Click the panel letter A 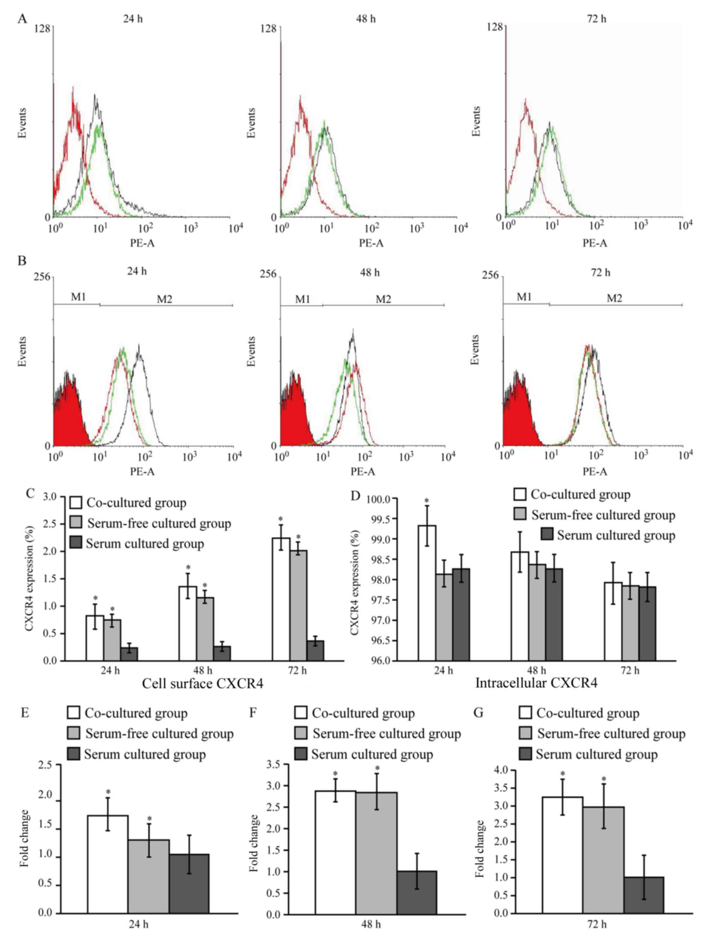pyautogui.click(x=22, y=19)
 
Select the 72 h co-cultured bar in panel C pyautogui.click(x=281, y=599)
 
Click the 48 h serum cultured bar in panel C pyautogui.click(x=222, y=653)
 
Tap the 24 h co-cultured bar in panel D pyautogui.click(x=427, y=593)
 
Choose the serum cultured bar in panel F pyautogui.click(x=416, y=893)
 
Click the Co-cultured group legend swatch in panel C pyautogui.click(x=76, y=503)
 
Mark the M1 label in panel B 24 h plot pyautogui.click(x=78, y=297)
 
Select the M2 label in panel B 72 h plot pyautogui.click(x=614, y=298)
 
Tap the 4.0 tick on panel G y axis pyautogui.click(x=500, y=770)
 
